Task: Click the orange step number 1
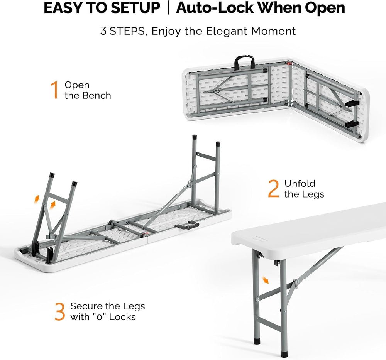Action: pyautogui.click(x=54, y=90)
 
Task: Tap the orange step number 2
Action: pyautogui.click(x=274, y=189)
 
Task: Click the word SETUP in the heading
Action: pyautogui.click(x=135, y=8)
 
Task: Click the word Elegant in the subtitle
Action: pyautogui.click(x=227, y=32)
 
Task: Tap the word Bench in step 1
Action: pyautogui.click(x=96, y=95)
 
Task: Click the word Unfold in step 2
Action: pyautogui.click(x=300, y=184)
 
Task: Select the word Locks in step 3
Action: pyautogui.click(x=122, y=317)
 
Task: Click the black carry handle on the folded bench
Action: pyautogui.click(x=244, y=61)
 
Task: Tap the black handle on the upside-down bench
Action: pyautogui.click(x=187, y=225)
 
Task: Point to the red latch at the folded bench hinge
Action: pyautogui.click(x=288, y=64)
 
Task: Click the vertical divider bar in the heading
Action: pyautogui.click(x=168, y=8)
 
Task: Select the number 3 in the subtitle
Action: pyautogui.click(x=103, y=31)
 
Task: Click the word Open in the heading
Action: pyautogui.click(x=325, y=8)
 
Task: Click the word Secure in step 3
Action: pyautogui.click(x=86, y=306)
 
